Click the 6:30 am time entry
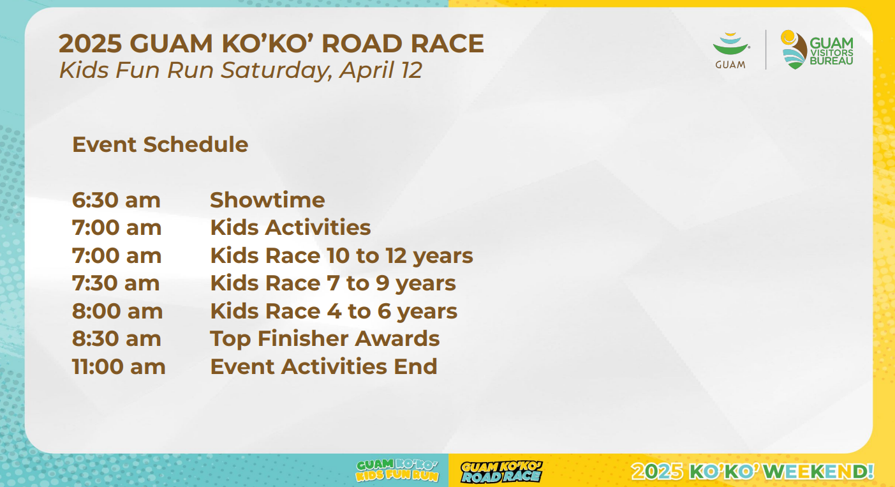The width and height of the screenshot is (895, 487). tap(116, 200)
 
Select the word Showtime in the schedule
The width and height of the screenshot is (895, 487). tap(267, 200)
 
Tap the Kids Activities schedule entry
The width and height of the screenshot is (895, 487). tap(290, 227)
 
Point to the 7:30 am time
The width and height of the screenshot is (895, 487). tap(116, 283)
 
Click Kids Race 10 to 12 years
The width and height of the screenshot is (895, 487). tap(342, 256)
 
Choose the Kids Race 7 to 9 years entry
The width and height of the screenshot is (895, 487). tap(333, 283)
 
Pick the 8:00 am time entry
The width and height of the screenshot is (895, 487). tap(117, 311)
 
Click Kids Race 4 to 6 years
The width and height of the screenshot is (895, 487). tap(334, 311)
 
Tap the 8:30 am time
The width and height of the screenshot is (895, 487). tap(117, 339)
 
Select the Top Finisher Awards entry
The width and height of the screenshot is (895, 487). tap(325, 339)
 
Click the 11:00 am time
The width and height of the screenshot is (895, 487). tap(119, 366)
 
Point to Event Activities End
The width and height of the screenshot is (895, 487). tap(323, 366)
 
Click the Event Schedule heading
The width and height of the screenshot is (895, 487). tap(160, 144)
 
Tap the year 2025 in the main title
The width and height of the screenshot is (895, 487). tap(91, 43)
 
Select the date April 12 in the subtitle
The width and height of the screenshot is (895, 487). tap(381, 70)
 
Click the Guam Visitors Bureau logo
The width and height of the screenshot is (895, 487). tap(817, 50)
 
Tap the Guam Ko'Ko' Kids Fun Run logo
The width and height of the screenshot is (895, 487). tap(397, 470)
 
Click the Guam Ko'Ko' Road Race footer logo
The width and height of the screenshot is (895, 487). tap(501, 472)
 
